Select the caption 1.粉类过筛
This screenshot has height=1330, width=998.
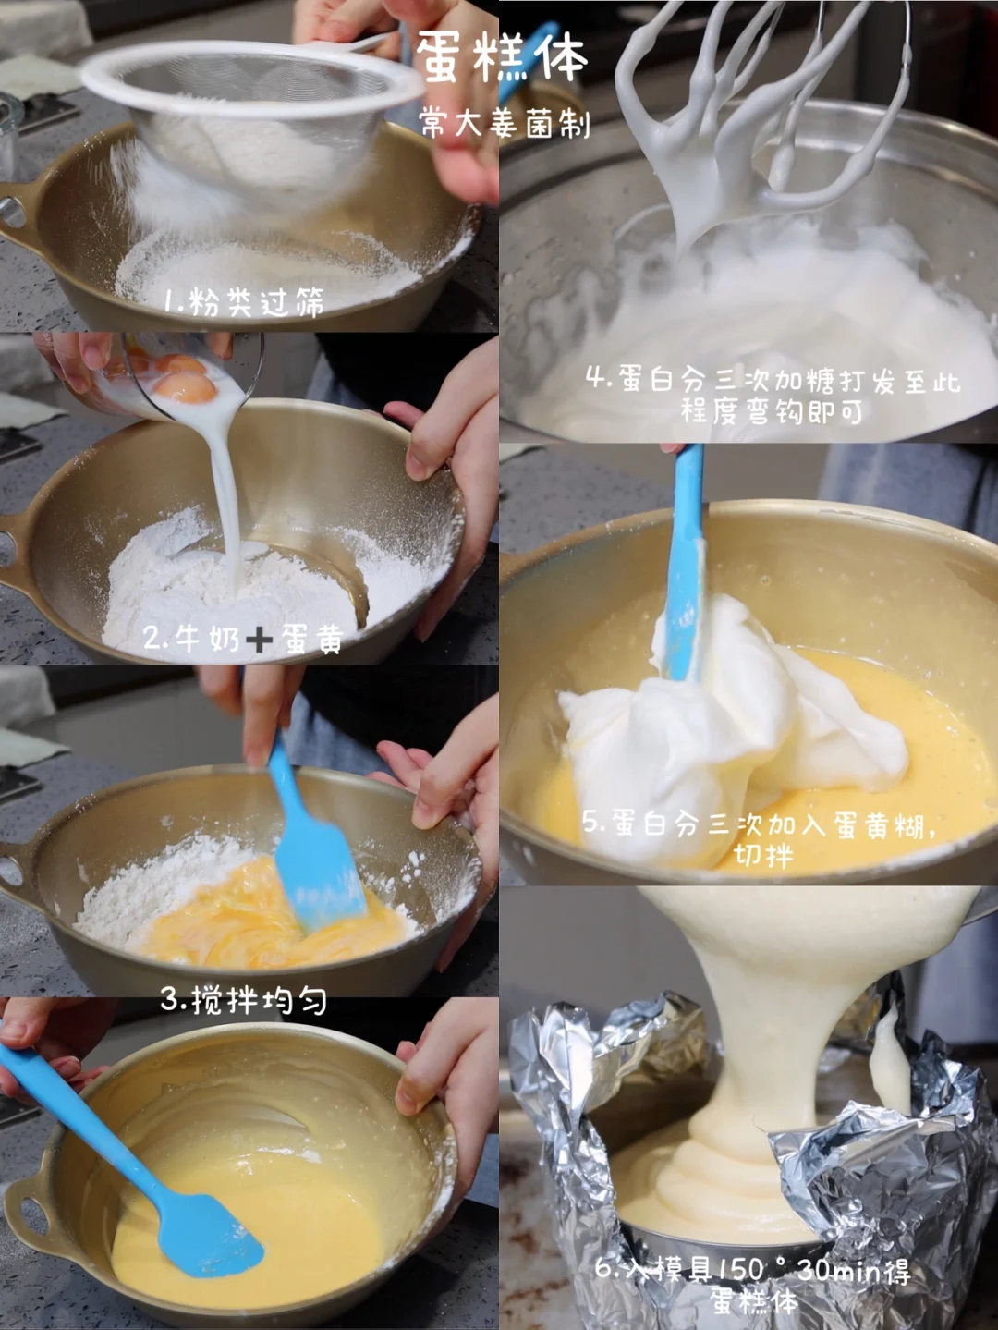(243, 301)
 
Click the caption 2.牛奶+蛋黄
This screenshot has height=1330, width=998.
(243, 638)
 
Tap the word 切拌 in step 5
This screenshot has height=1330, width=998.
(762, 855)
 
